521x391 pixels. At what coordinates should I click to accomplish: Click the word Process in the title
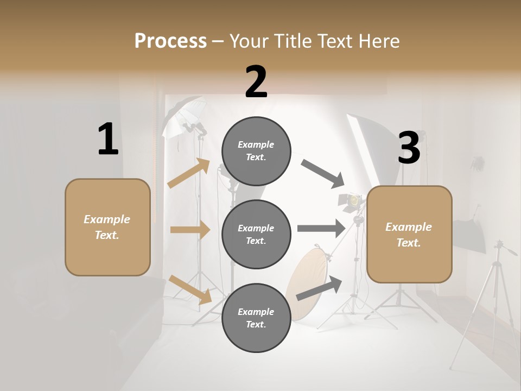pos(170,41)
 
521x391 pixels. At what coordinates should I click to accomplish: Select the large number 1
pos(108,140)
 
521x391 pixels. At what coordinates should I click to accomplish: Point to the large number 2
pos(256,82)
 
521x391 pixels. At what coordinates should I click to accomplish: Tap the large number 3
pos(409,148)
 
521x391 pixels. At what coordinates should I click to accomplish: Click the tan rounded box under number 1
pos(107,227)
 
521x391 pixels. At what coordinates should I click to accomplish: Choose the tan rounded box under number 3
pos(409,234)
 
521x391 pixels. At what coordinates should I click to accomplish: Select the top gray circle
pos(256,151)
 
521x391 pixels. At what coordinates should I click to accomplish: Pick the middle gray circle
pos(256,234)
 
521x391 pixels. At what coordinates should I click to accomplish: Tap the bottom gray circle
pos(256,318)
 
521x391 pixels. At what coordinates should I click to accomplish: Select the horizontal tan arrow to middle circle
pos(190,230)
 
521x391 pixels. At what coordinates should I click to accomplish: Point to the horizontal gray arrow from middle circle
pos(321,229)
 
